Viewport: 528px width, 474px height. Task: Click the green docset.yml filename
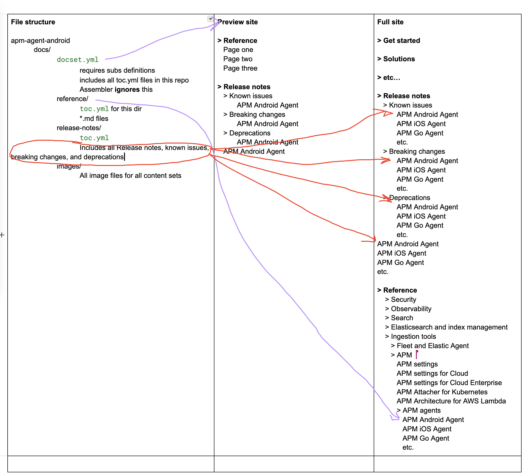click(x=78, y=60)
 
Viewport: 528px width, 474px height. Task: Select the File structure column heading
click(x=33, y=22)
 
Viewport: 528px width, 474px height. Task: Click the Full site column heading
click(x=390, y=22)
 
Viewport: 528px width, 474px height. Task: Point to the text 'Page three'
click(x=240, y=68)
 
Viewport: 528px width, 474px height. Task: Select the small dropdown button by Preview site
click(x=210, y=19)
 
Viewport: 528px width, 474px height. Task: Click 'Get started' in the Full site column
click(x=401, y=41)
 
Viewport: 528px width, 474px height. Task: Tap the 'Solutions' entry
click(x=399, y=59)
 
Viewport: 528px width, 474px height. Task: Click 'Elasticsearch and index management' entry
click(x=449, y=327)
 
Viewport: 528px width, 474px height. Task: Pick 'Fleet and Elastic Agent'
click(x=432, y=345)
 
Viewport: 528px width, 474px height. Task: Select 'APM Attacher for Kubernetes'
click(x=442, y=392)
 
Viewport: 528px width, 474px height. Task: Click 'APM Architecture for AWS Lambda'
click(x=451, y=401)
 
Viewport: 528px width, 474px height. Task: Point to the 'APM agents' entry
click(x=421, y=410)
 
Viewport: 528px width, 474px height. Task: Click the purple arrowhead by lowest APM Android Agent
click(x=394, y=417)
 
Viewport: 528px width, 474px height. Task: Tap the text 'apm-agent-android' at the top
click(x=40, y=41)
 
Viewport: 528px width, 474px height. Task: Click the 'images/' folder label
click(x=69, y=166)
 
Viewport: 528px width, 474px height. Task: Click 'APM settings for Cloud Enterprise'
click(x=449, y=383)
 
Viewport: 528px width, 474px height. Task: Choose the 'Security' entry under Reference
click(x=403, y=299)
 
